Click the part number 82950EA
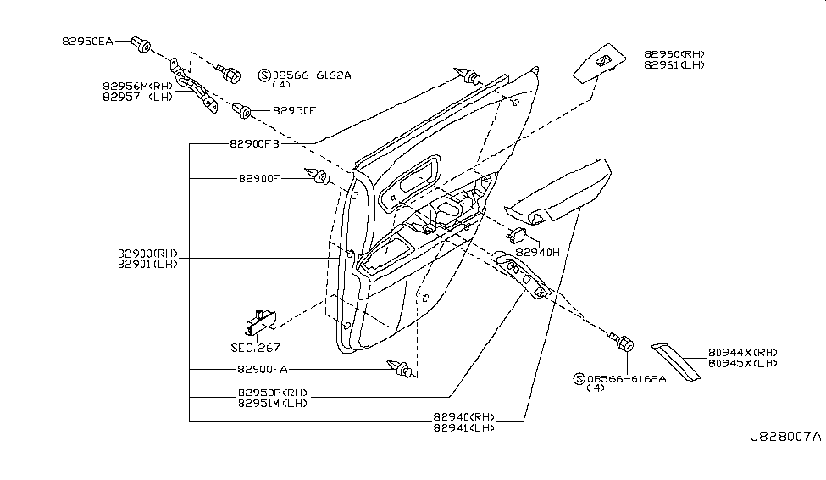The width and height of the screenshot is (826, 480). click(x=86, y=39)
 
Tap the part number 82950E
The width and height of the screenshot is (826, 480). click(x=294, y=111)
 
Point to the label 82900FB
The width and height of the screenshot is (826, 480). click(x=253, y=143)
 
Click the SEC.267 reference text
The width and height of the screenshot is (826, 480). click(x=255, y=347)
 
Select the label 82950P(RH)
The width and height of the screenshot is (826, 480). click(x=272, y=393)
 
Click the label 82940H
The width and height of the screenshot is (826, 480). click(x=537, y=253)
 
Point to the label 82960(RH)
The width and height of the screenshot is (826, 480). click(x=674, y=53)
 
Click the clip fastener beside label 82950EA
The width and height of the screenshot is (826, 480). click(x=141, y=42)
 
